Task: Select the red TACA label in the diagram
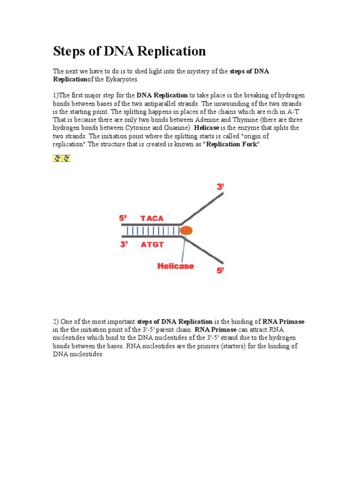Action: tap(152, 218)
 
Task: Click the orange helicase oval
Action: tap(187, 230)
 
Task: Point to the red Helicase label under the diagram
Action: tap(175, 266)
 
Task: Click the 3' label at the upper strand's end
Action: tap(220, 187)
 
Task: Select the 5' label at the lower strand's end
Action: tap(220, 270)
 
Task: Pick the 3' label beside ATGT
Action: tap(124, 244)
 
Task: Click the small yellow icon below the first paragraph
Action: tap(61, 158)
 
